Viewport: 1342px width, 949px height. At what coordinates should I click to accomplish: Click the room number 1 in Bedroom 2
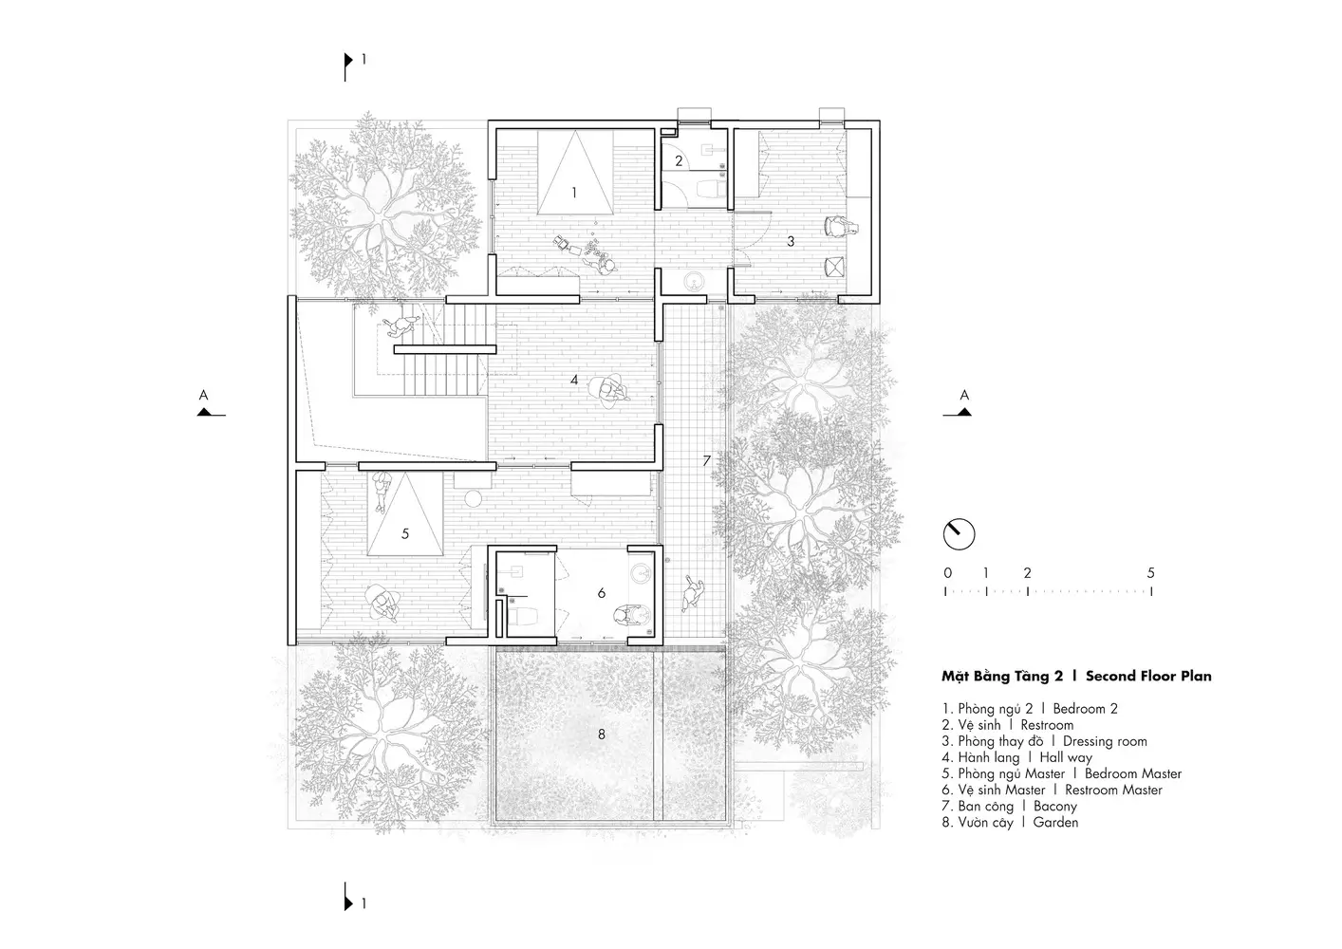pyautogui.click(x=574, y=193)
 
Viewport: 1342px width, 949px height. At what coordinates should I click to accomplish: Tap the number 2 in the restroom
pyautogui.click(x=679, y=160)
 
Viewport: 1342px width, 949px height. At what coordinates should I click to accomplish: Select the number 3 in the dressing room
pyautogui.click(x=791, y=241)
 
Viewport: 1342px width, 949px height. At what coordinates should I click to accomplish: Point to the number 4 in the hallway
pyautogui.click(x=574, y=380)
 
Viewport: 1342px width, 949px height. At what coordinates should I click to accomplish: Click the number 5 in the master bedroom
pyautogui.click(x=405, y=533)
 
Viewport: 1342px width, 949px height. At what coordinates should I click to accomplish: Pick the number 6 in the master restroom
pyautogui.click(x=602, y=592)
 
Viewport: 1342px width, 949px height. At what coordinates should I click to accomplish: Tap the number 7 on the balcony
pyautogui.click(x=706, y=460)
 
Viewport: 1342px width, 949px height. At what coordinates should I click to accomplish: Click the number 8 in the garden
pyautogui.click(x=602, y=734)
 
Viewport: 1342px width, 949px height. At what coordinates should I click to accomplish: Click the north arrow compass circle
pyautogui.click(x=959, y=533)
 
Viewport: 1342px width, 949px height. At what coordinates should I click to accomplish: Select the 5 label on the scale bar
pyautogui.click(x=1151, y=573)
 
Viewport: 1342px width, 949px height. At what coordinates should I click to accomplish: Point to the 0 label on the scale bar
pyautogui.click(x=947, y=573)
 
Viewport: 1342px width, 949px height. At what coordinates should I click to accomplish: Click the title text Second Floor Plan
pyautogui.click(x=1148, y=676)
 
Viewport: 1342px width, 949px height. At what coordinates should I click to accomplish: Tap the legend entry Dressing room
pyautogui.click(x=1105, y=741)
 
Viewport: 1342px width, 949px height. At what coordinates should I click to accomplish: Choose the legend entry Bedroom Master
pyautogui.click(x=1133, y=773)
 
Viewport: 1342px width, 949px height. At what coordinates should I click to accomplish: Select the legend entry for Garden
pyautogui.click(x=1055, y=822)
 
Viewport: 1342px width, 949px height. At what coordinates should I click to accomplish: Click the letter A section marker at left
pyautogui.click(x=204, y=396)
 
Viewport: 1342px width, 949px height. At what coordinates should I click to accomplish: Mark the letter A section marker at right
pyautogui.click(x=964, y=396)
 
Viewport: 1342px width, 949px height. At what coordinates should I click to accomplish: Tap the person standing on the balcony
pyautogui.click(x=693, y=592)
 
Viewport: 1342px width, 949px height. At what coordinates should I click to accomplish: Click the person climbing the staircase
pyautogui.click(x=400, y=326)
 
